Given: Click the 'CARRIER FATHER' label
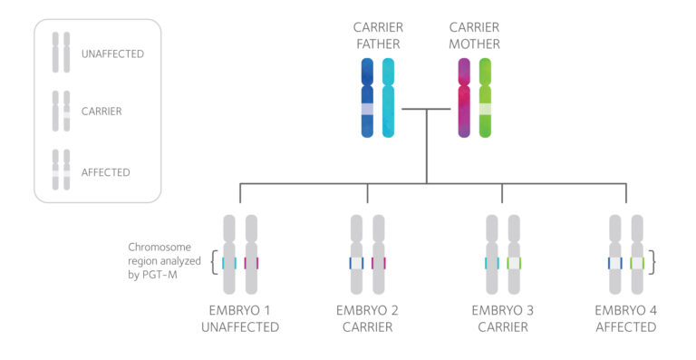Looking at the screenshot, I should click(x=377, y=35).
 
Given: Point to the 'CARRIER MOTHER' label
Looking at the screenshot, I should click(x=475, y=35).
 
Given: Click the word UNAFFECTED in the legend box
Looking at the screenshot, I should click(x=112, y=54).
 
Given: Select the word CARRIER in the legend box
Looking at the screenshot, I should click(x=101, y=112).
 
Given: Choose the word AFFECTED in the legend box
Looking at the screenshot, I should click(x=105, y=171).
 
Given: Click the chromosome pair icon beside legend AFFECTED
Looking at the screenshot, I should click(x=61, y=170).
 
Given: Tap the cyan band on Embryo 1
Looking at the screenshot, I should click(x=229, y=263).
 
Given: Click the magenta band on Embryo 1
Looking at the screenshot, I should click(x=251, y=263).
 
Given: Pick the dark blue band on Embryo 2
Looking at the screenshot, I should click(x=357, y=263).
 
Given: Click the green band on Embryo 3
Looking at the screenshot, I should click(x=514, y=263).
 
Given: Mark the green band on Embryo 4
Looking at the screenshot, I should click(x=637, y=263).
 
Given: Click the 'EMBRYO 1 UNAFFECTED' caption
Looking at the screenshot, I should click(x=240, y=318).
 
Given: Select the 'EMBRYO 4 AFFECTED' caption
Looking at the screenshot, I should click(x=626, y=318).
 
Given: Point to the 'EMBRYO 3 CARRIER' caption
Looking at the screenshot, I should click(x=503, y=318).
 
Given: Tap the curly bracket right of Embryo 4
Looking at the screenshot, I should click(x=654, y=263).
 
